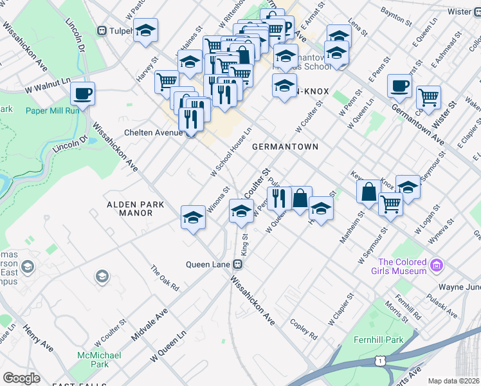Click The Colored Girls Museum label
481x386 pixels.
tap(402, 266)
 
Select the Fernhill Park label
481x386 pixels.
tap(377, 339)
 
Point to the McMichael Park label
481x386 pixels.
tap(93, 360)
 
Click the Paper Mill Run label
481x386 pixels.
tap(52, 110)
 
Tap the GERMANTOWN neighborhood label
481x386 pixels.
tap(285, 147)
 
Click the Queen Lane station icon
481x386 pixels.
tap(238, 264)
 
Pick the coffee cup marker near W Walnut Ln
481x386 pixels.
tap(82, 94)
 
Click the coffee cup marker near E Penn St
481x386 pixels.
tap(399, 86)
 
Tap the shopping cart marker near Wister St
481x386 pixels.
tap(428, 98)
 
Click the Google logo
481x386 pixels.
tap(21, 378)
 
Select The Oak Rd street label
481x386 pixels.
tap(165, 278)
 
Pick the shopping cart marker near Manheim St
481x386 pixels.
tap(390, 204)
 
